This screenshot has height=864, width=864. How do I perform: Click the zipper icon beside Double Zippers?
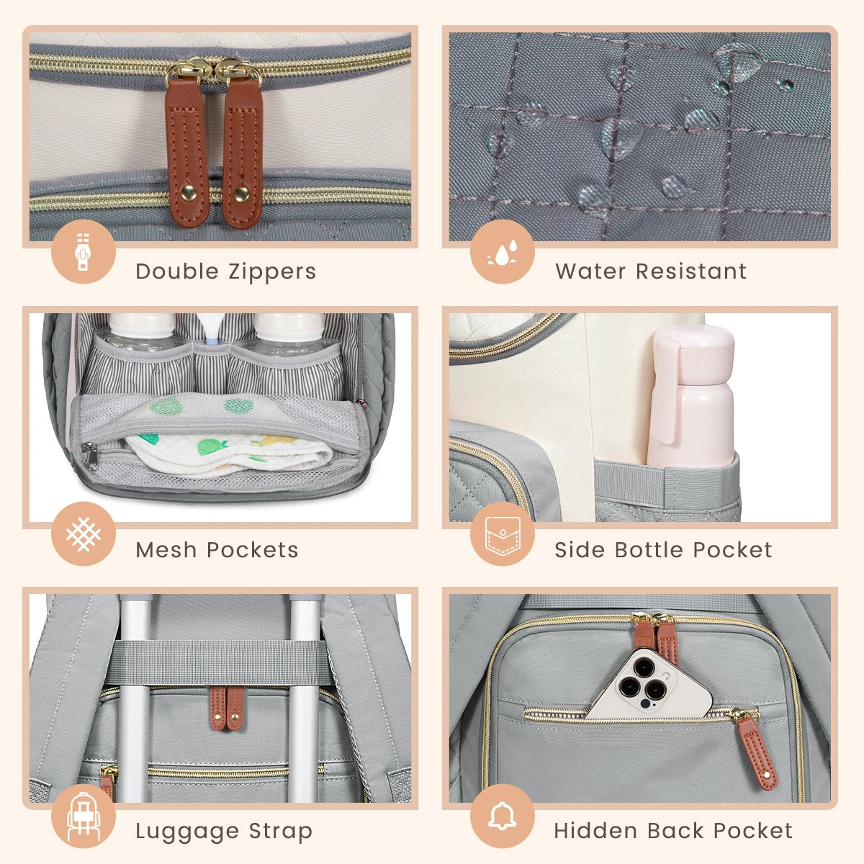point(83,251)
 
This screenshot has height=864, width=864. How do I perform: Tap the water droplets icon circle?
point(502,251)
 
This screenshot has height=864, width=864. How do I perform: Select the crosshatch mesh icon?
point(83,534)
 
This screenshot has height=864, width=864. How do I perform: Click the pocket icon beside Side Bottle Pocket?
point(502,534)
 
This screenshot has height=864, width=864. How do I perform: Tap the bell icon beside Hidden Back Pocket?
point(502,816)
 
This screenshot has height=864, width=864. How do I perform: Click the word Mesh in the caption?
point(165,550)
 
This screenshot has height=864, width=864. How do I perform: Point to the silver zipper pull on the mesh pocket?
point(90,455)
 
